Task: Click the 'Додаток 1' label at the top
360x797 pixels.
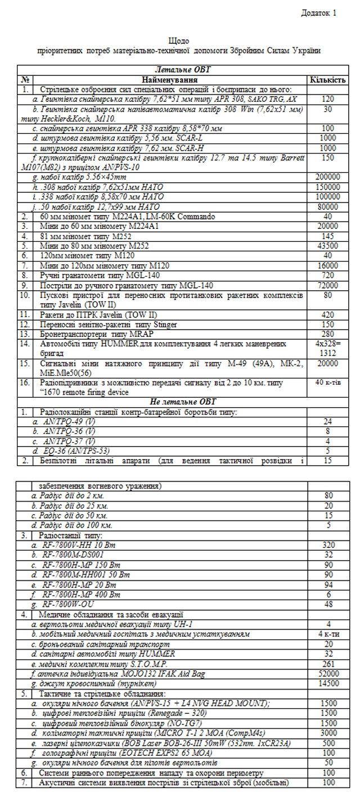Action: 319,12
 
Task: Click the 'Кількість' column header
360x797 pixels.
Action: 327,80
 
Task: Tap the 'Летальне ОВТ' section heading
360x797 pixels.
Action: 181,70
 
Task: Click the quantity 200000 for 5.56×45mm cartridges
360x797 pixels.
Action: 327,177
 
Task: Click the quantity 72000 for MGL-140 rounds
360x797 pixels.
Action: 327,285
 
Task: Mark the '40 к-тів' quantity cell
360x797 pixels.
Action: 327,382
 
